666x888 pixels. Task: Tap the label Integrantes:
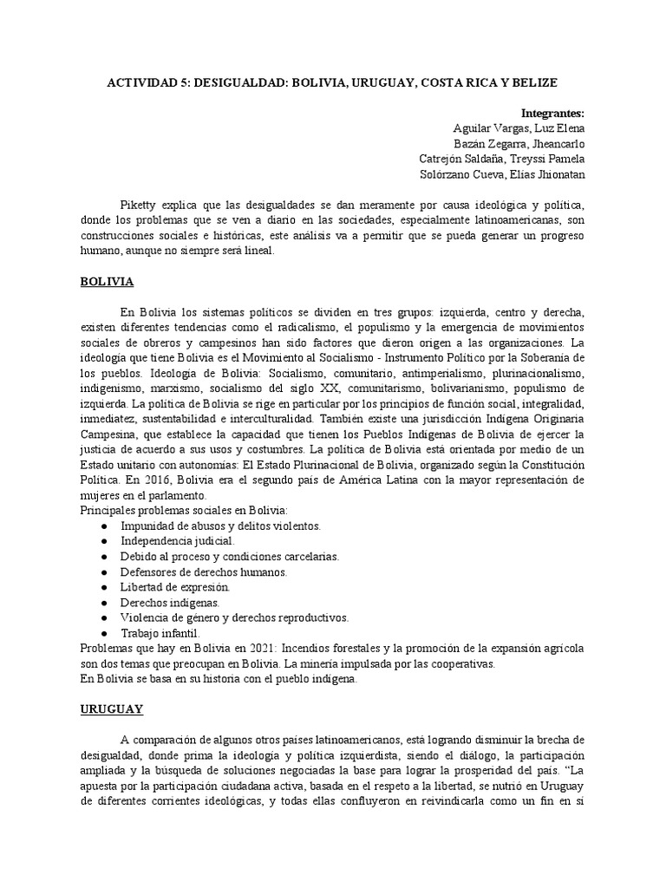(552, 113)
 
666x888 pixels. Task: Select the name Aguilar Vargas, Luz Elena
(519, 128)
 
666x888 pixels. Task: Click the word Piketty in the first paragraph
(143, 204)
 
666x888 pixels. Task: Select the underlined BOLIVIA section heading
(107, 282)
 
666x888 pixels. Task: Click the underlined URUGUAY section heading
(112, 708)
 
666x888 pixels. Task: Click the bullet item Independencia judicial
(165, 540)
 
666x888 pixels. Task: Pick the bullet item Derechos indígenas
(158, 602)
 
